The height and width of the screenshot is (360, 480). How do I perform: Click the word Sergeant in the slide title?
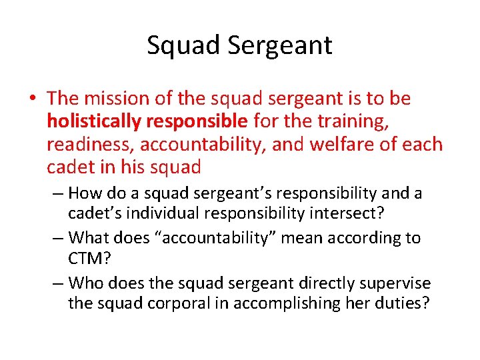point(279,46)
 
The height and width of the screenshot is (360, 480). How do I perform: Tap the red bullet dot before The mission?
point(32,99)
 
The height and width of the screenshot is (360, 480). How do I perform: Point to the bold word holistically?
point(94,121)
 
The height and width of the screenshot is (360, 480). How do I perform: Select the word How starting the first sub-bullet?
point(84,194)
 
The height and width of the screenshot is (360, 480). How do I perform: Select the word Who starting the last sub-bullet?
point(84,283)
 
